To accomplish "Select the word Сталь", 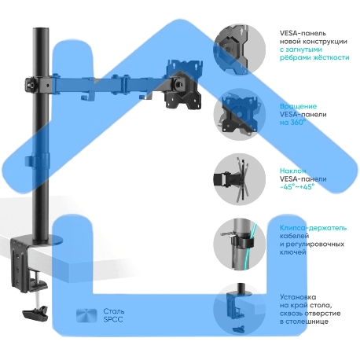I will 114,311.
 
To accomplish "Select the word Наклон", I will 293,169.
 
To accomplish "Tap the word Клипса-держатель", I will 313,227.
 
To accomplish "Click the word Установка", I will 298,296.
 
